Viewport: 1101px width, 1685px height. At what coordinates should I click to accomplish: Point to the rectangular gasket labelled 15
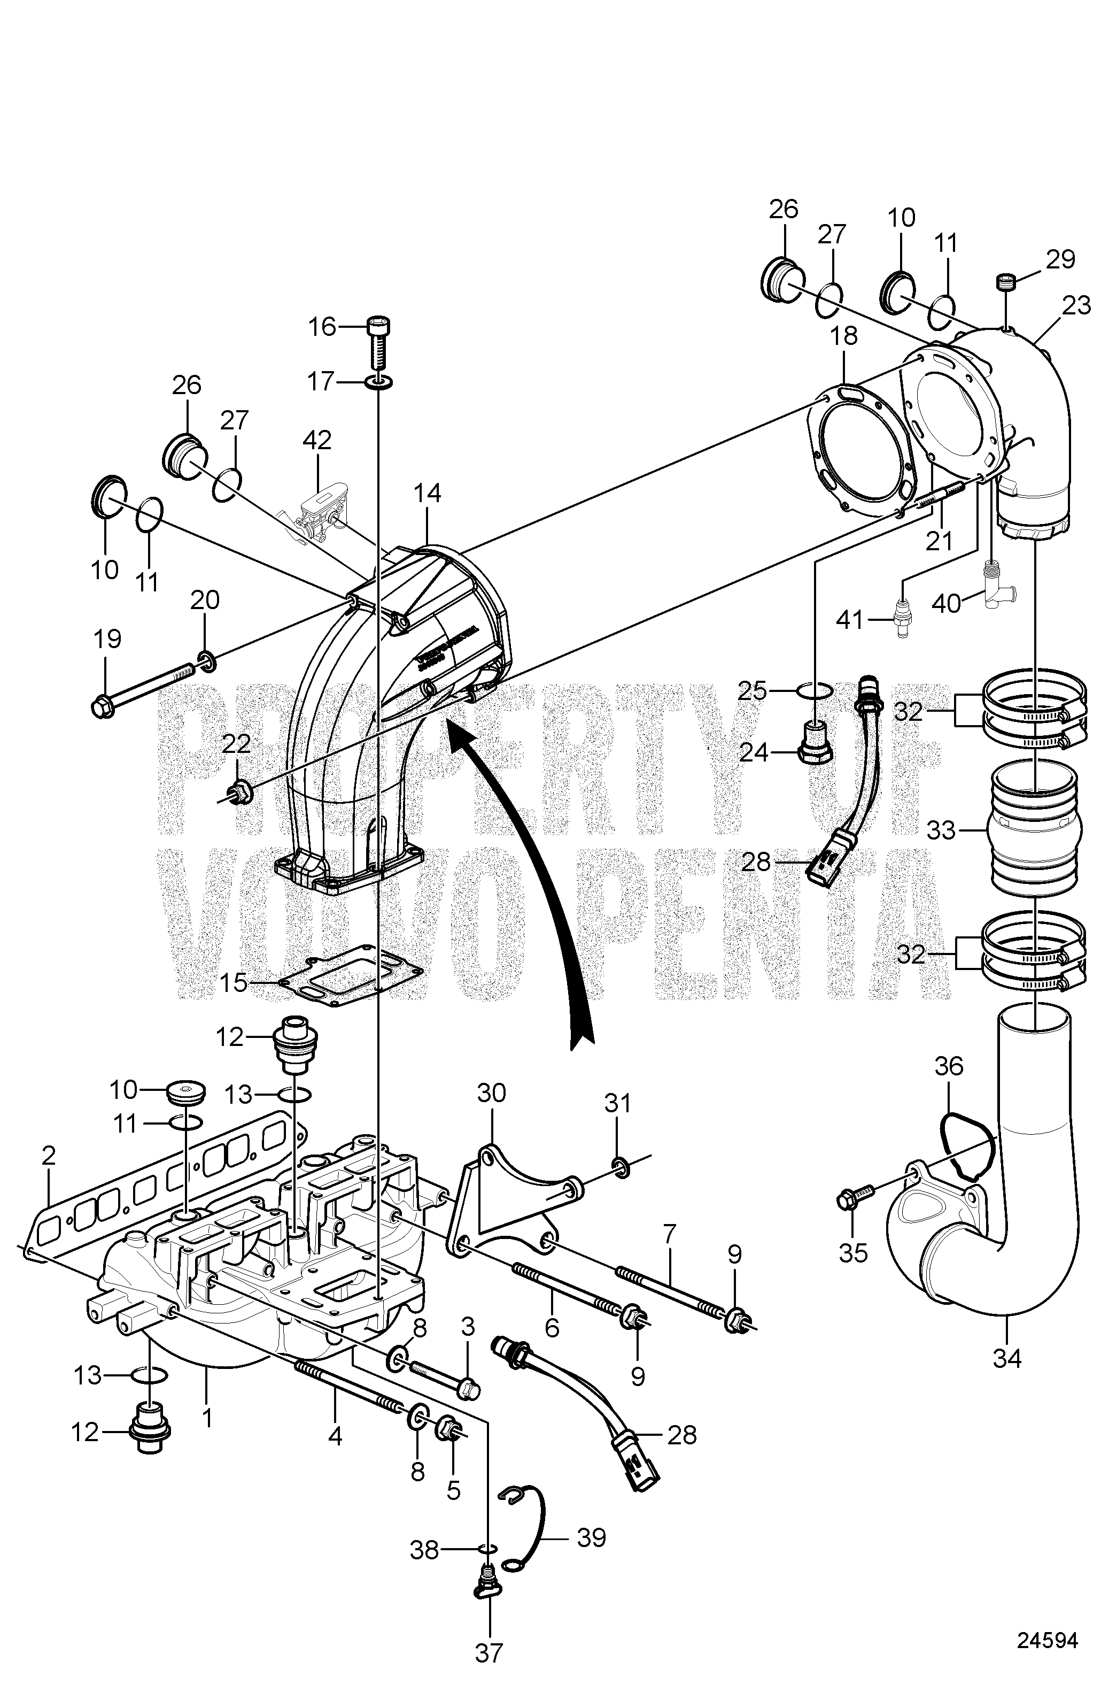(352, 981)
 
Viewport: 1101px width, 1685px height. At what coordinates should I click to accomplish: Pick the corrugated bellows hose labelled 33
(1034, 828)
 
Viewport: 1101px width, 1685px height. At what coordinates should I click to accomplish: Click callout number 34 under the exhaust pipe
(1007, 1357)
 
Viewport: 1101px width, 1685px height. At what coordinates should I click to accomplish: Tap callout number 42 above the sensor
(316, 440)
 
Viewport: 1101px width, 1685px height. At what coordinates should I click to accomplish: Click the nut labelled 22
(240, 791)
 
